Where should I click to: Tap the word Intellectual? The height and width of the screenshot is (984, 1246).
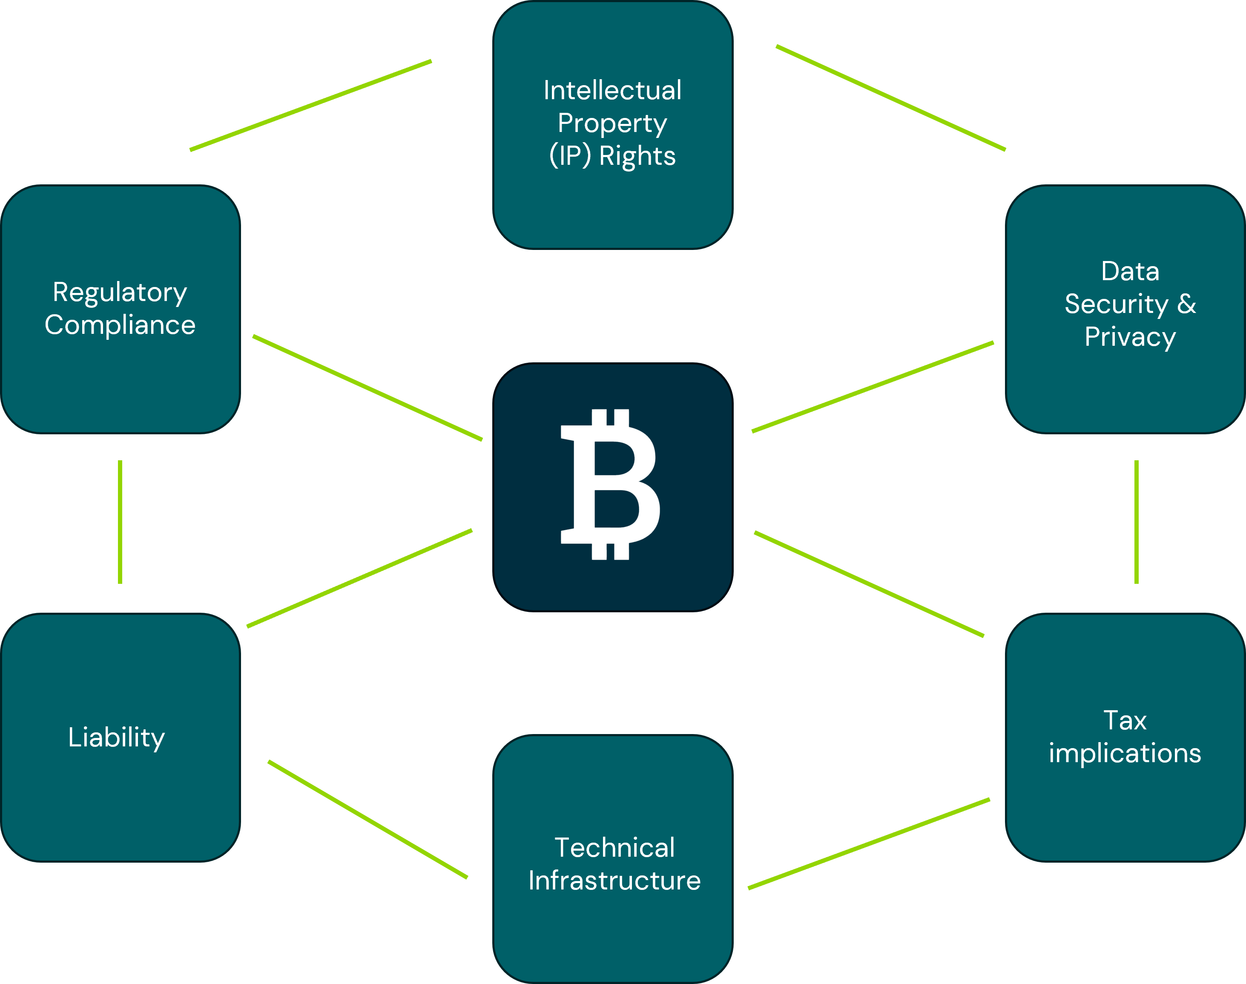[612, 90]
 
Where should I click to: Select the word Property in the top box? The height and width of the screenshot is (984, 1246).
[612, 123]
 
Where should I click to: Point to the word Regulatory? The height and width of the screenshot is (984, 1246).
[120, 293]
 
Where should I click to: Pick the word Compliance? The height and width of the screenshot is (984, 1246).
[120, 325]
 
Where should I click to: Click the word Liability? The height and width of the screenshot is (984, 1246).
[116, 737]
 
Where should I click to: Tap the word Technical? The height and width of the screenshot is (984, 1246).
[614, 847]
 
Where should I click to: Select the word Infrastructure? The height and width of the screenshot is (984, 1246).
[614, 880]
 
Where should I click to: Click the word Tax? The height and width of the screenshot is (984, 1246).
[1125, 720]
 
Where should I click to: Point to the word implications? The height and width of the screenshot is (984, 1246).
[1125, 753]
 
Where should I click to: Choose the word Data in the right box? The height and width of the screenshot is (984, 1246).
[1130, 271]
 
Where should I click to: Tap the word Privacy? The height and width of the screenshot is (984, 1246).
[1130, 337]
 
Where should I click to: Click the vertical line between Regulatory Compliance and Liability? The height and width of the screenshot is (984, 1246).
[120, 522]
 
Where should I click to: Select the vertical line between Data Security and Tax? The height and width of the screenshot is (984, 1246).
[1136, 522]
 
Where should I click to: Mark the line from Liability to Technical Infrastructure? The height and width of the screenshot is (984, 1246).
[367, 819]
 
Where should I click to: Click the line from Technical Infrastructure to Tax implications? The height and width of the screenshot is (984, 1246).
[869, 843]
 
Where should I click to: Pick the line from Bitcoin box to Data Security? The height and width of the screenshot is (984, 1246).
[873, 387]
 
